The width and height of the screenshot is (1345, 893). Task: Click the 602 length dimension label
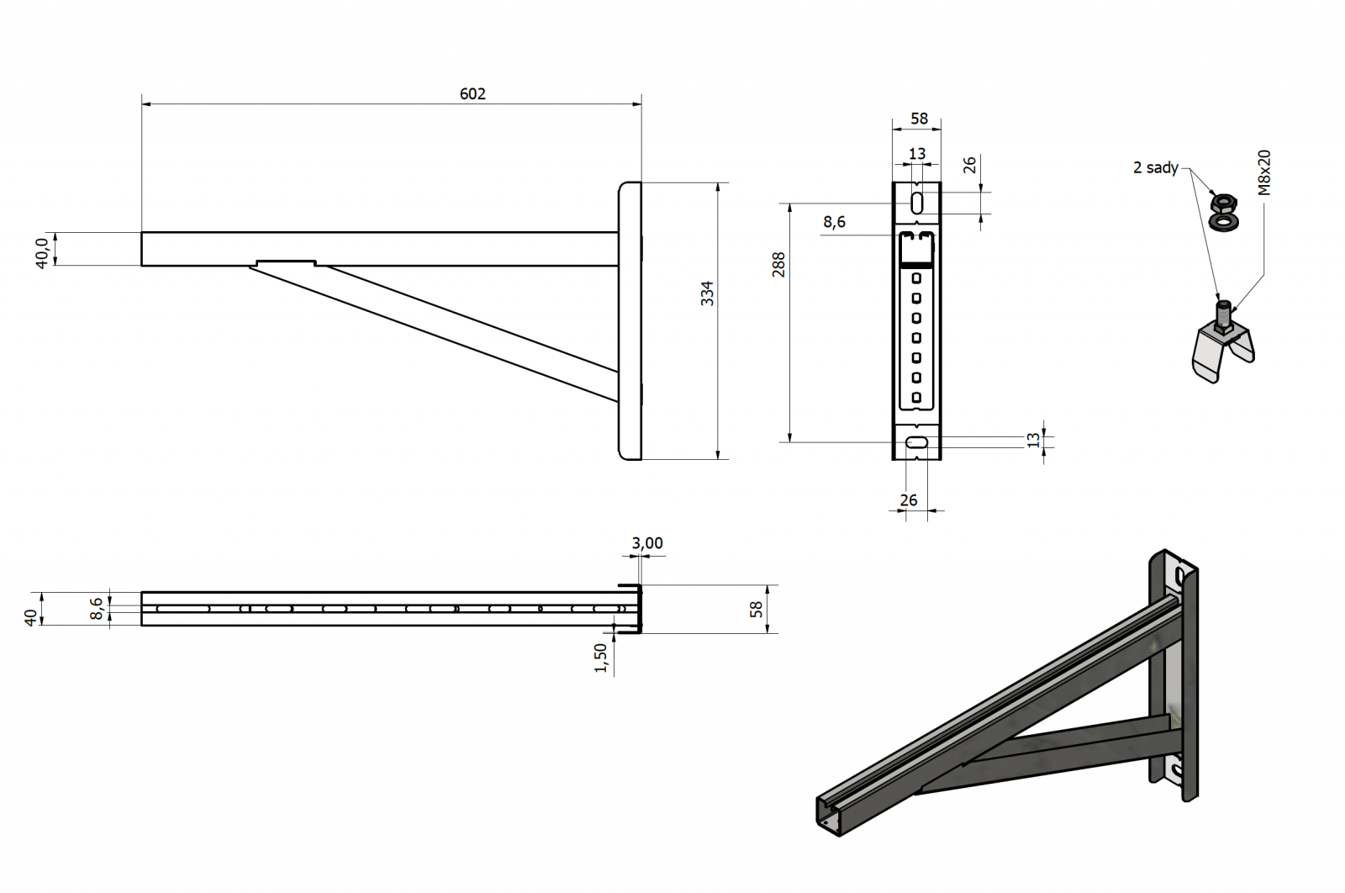click(x=472, y=93)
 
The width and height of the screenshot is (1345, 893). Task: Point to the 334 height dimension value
click(x=707, y=293)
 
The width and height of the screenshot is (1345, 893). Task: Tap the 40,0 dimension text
click(x=41, y=253)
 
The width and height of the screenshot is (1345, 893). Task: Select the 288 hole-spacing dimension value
click(x=778, y=264)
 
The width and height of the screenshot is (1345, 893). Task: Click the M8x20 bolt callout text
click(x=1264, y=172)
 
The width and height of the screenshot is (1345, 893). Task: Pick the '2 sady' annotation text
click(x=1155, y=167)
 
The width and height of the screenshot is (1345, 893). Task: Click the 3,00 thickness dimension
click(x=646, y=543)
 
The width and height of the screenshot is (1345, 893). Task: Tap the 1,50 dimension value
click(x=600, y=658)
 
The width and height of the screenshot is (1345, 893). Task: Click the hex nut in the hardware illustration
click(x=1222, y=202)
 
